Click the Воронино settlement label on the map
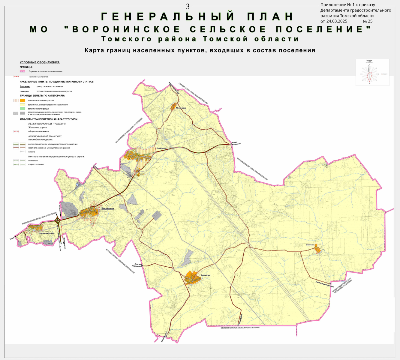(x=108, y=208)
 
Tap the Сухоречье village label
(x=206, y=275)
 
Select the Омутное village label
(x=310, y=245)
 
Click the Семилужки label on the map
(x=161, y=148)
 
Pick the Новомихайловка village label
(x=47, y=233)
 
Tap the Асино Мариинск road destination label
(x=236, y=143)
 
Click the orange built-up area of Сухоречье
(x=192, y=278)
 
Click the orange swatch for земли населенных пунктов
(x=23, y=100)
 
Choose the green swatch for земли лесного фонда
(x=23, y=109)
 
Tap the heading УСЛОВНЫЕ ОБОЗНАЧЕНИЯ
(x=40, y=62)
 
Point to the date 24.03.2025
(x=337, y=21)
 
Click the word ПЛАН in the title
(x=270, y=16)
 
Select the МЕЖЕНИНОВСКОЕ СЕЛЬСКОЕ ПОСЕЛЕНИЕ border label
(x=240, y=328)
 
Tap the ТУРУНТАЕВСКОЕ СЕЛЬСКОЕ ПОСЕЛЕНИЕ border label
(x=252, y=169)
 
